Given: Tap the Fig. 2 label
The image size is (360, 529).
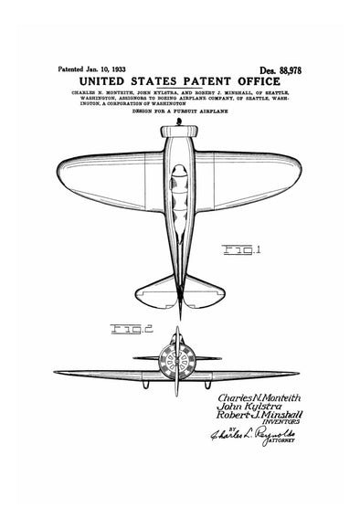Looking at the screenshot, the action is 128,328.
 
